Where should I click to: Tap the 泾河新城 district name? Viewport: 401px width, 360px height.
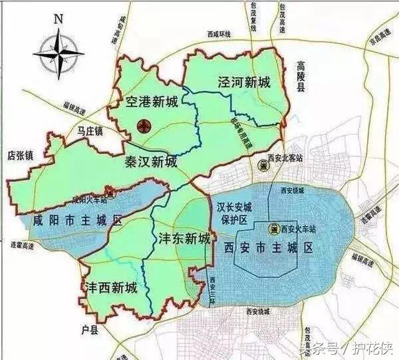click(x=244, y=83)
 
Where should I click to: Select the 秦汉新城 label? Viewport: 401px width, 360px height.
click(x=151, y=162)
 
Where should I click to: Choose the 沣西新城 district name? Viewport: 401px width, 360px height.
click(x=111, y=288)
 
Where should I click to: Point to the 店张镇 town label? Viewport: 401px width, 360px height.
click(x=20, y=155)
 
